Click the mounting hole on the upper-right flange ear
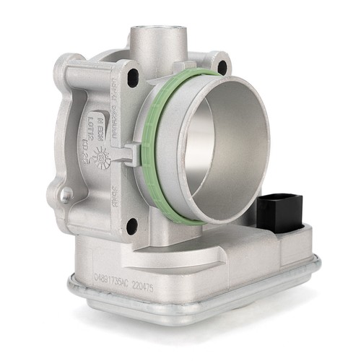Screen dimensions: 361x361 tap(221, 67)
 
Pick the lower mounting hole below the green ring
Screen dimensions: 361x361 tap(131, 228)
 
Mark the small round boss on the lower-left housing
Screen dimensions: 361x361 tap(66, 193)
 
